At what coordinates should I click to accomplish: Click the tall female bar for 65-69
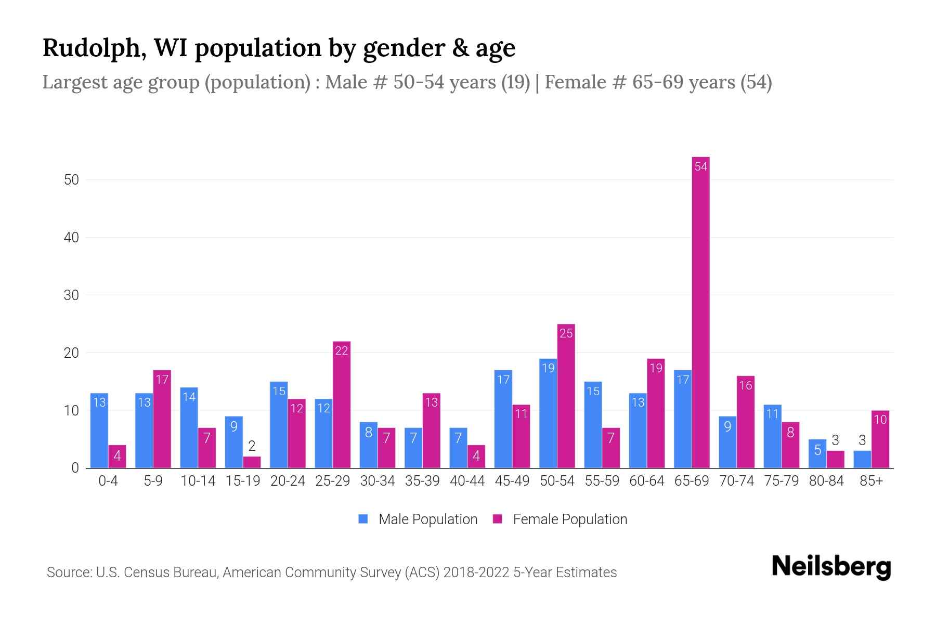pos(700,312)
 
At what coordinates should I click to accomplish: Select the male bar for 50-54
pos(548,413)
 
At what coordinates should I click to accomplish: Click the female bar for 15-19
pos(252,462)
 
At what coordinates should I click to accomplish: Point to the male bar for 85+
pos(862,459)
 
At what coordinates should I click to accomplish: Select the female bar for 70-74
pos(745,422)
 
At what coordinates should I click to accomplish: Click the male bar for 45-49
pos(503,419)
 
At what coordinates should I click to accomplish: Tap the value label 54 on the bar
pos(700,167)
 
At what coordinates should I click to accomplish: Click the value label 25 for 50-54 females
pos(566,333)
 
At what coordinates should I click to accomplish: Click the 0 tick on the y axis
pos(75,468)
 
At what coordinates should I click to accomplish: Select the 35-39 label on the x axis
pos(422,481)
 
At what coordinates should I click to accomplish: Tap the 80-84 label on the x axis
pos(826,481)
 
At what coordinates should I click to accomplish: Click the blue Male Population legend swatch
pos(363,519)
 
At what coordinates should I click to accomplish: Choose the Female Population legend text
pos(569,519)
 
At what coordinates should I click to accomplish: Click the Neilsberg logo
pos(831,567)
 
